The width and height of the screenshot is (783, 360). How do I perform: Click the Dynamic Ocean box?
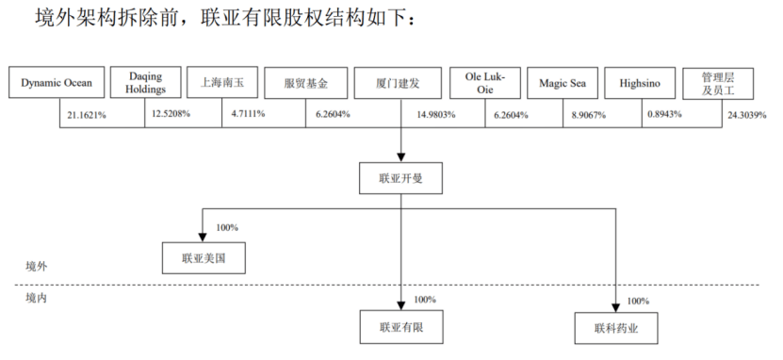coord(57,82)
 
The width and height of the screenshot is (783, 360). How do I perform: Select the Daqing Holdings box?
coord(145,82)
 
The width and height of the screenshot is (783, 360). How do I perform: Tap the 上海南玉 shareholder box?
coord(222,82)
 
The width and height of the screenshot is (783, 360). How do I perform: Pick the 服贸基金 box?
coord(305,83)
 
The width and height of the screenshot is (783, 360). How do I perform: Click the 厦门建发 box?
coord(398,83)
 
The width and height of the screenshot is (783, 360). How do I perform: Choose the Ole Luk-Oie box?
coord(485,83)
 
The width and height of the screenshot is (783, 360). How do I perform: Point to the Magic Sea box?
coord(563,83)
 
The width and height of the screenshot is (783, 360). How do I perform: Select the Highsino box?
coord(640,83)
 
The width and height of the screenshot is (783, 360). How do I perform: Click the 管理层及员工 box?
coord(718,83)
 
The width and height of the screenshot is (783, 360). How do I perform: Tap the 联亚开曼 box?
coord(400,178)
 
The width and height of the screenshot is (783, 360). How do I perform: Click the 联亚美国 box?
coord(204,258)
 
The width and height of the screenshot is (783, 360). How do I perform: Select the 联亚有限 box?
coord(401,327)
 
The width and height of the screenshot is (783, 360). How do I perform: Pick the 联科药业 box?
coord(616,328)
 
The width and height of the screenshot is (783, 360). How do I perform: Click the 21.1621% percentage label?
coord(87,115)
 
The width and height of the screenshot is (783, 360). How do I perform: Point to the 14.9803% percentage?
coord(436,115)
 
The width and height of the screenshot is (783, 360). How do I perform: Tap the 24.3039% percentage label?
coord(746,115)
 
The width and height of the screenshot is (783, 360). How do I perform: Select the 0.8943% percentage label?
coord(664,114)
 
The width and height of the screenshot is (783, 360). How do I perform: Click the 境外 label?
coord(36,266)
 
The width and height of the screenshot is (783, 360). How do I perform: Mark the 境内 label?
coord(36,299)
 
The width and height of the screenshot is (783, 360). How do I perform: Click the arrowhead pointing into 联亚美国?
coord(203,237)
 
